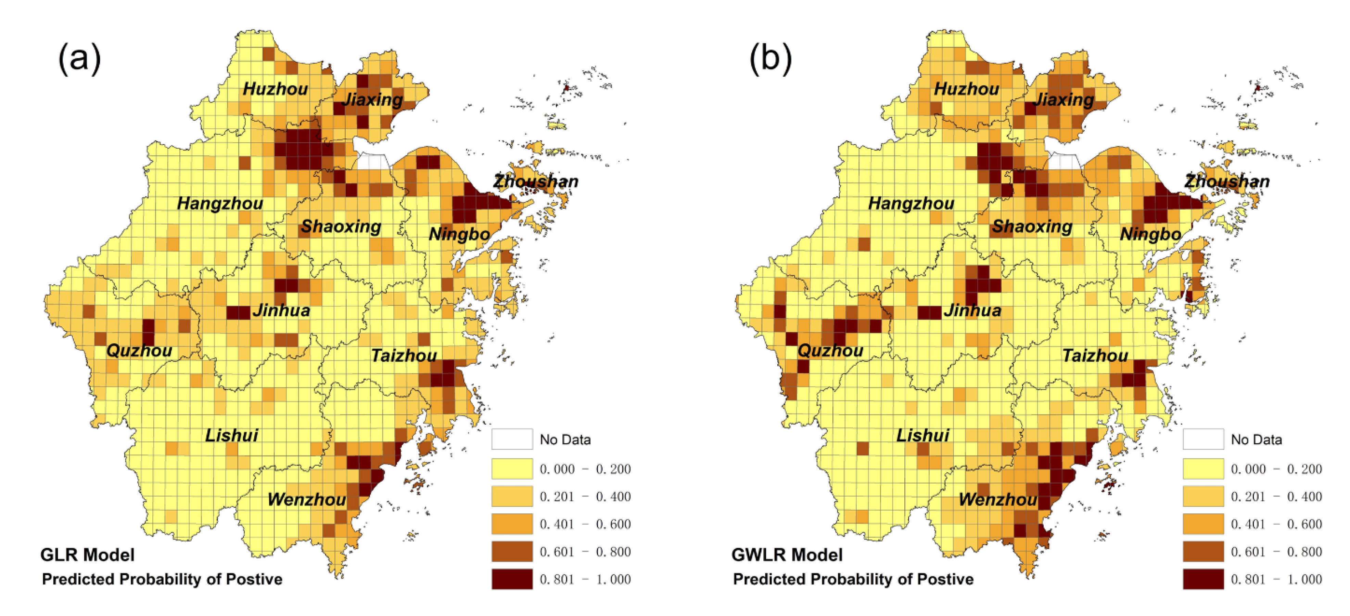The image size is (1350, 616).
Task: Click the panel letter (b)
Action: pos(770,59)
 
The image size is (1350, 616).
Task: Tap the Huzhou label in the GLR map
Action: pos(275,89)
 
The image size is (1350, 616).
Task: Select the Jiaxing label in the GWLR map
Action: pos(1064,100)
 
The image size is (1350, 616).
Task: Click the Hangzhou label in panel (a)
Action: pos(220,203)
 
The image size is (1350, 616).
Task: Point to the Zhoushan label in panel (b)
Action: pos(1227,182)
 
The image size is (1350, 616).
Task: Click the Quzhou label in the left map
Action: pos(139,351)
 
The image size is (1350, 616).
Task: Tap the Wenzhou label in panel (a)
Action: pos(307,499)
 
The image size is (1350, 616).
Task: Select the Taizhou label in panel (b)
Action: pos(1095,356)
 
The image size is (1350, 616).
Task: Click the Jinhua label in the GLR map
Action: pos(281,310)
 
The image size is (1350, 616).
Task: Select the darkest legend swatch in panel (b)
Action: pos(1203,579)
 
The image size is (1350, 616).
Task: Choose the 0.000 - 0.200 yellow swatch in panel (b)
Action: pos(1203,468)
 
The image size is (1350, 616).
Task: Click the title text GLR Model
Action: pos(88,555)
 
